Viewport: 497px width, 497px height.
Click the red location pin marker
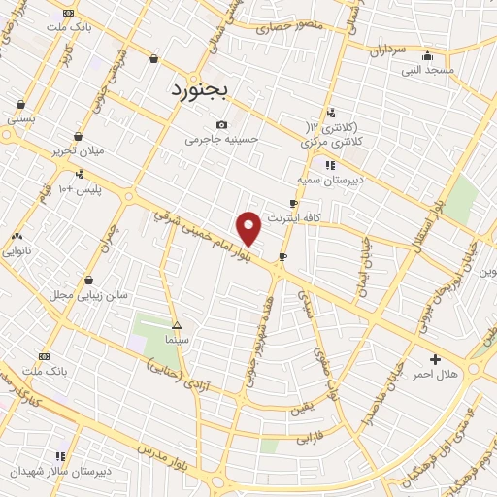tap(249, 227)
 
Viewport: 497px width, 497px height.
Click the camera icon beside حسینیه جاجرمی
tap(223, 124)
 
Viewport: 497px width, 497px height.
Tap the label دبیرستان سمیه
tap(329, 180)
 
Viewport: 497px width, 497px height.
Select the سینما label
tap(176, 341)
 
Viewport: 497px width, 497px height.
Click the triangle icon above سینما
tap(176, 326)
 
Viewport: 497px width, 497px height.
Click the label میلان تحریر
tap(78, 150)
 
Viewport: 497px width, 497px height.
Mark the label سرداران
tap(385, 50)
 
